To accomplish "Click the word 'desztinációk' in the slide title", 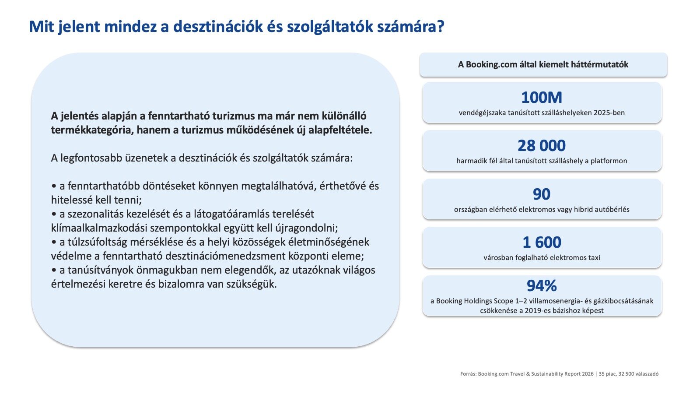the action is tap(218, 26).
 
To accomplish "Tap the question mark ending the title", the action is tap(440, 26).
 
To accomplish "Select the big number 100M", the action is tap(542, 97).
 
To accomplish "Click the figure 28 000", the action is tap(542, 145).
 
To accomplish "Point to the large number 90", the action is tap(542, 194).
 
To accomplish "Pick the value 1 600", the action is tap(542, 242).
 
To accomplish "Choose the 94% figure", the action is tap(542, 285).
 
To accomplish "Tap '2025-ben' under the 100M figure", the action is tap(611, 113).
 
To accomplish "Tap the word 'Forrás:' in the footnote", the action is tap(469, 374).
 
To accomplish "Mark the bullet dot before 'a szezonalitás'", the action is tap(54, 214).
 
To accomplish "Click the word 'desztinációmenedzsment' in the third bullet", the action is tap(226, 256).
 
